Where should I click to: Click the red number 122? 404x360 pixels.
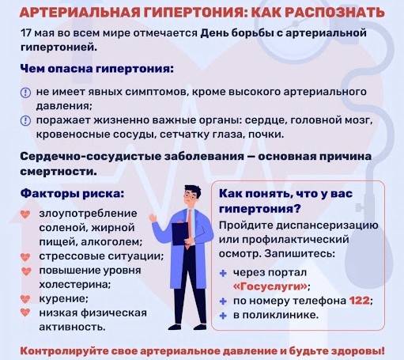point(359,301)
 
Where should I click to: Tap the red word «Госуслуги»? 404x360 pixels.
point(270,286)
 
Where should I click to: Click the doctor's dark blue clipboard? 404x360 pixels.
point(180,233)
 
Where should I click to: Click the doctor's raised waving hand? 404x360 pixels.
point(153,218)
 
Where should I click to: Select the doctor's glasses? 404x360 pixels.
point(191,196)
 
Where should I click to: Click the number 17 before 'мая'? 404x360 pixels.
point(26,33)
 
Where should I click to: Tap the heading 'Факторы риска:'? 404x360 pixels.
point(72,194)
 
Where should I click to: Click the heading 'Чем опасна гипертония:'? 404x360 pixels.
point(97,69)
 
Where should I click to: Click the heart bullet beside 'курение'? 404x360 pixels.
point(25,299)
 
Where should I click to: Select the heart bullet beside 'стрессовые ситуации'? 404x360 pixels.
point(25,257)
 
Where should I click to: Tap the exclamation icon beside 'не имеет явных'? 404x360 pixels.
point(25,93)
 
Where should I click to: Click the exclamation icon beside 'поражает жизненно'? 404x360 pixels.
point(25,120)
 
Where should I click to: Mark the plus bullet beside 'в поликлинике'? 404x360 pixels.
point(223,316)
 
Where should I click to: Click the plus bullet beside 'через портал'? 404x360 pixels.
point(223,274)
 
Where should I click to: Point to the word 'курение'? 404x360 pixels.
point(62,299)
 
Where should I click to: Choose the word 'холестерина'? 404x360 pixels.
point(74,285)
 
